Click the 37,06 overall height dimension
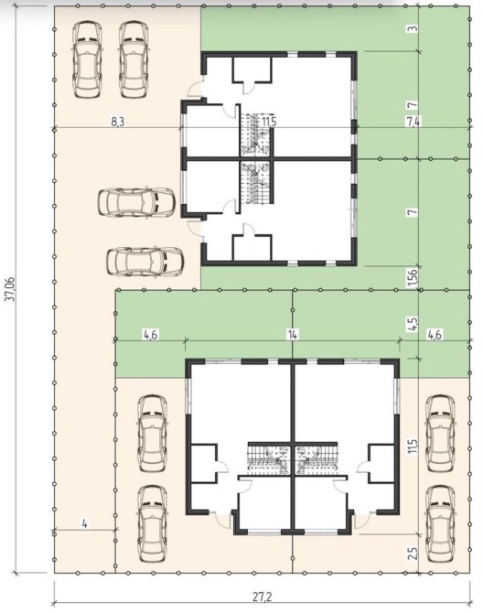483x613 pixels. [x=10, y=290]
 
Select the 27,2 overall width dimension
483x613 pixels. [x=263, y=597]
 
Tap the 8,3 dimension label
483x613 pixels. [x=117, y=122]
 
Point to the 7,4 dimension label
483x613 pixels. [x=413, y=122]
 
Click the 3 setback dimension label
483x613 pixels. [x=414, y=28]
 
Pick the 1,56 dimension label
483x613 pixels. [x=414, y=277]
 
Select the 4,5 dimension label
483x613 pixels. [x=414, y=324]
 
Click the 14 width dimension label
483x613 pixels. [x=293, y=335]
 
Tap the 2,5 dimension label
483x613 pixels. [x=414, y=554]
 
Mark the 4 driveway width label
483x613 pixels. [x=85, y=523]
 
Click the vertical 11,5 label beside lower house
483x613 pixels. [x=413, y=446]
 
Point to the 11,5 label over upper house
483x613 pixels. [x=269, y=122]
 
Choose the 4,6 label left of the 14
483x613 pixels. [x=151, y=335]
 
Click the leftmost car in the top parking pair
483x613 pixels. [x=87, y=59]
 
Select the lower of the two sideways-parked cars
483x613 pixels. [x=145, y=261]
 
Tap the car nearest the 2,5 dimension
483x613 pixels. [x=440, y=524]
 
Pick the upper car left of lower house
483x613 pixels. [x=153, y=433]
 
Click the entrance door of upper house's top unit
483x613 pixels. [x=196, y=89]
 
